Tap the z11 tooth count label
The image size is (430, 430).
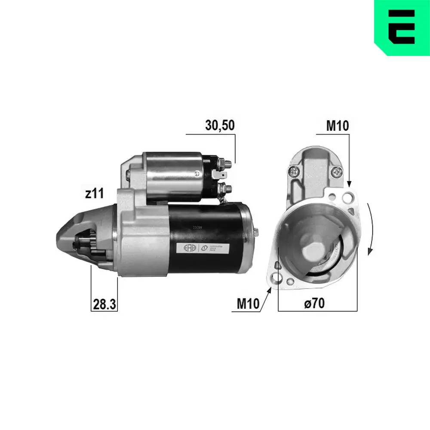95,193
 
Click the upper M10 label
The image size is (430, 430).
338,126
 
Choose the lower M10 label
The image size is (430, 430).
248,304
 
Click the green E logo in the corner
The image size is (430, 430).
402,27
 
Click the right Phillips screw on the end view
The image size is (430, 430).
336,173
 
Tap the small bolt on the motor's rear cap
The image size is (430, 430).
256,232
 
